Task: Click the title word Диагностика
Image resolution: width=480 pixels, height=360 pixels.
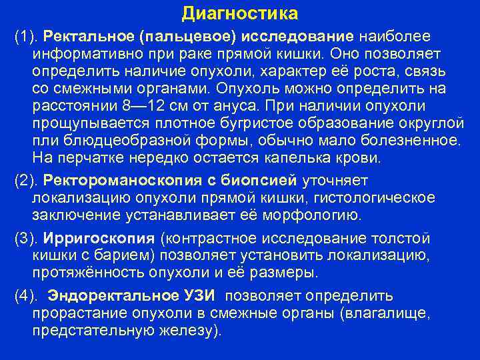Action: point(240,13)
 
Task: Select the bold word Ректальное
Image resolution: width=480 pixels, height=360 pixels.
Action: point(78,34)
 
